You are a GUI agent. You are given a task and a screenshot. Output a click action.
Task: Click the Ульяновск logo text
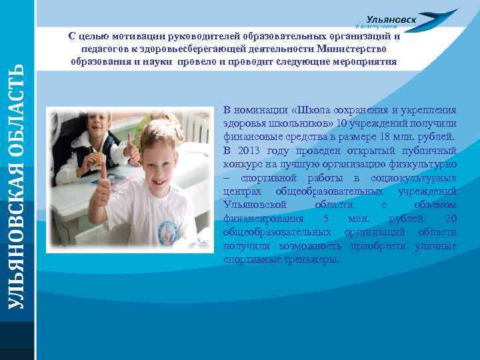pos(391,20)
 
